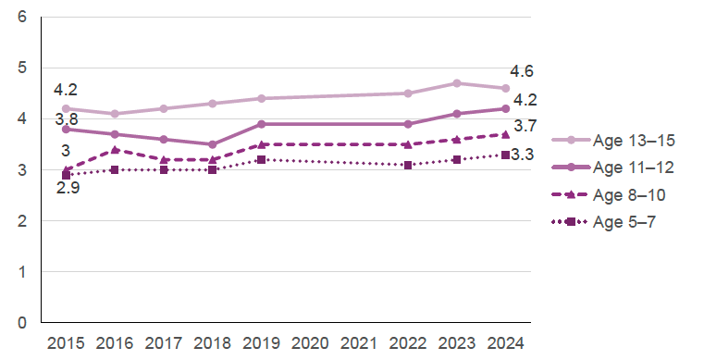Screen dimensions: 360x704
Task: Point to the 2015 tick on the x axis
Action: coord(66,342)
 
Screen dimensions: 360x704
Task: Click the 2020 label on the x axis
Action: coord(310,342)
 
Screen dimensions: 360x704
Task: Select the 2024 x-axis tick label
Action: coord(505,342)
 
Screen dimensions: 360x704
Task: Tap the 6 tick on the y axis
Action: coord(21,18)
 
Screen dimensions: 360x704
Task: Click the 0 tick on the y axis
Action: coord(21,323)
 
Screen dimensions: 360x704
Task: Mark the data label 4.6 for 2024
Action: coord(523,71)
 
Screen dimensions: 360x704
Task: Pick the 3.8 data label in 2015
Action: coord(66,118)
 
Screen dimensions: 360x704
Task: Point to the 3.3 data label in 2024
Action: coord(523,155)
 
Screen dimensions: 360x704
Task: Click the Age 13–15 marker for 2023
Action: coord(456,83)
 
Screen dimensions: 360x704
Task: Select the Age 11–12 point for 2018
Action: coord(212,144)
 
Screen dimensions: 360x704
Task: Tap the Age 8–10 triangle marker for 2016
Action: coord(115,150)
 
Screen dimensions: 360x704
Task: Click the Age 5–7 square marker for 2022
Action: coord(407,165)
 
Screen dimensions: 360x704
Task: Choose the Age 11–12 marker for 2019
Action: coord(261,124)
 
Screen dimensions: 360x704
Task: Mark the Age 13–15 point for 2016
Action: coord(115,114)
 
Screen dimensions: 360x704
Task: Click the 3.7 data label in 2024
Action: coord(525,126)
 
